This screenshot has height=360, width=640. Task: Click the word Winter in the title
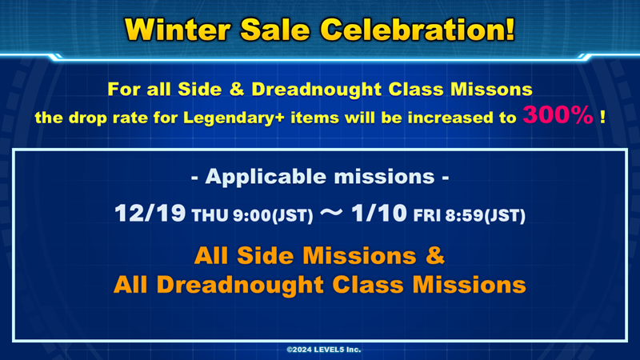click(178, 30)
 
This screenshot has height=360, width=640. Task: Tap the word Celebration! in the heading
click(417, 30)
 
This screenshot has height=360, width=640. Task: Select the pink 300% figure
click(558, 114)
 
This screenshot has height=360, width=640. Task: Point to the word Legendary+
click(234, 118)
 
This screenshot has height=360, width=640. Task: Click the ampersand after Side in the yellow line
click(236, 90)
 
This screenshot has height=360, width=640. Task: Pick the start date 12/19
click(150, 213)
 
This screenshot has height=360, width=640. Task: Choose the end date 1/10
click(378, 213)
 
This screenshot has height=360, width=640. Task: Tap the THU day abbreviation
click(210, 215)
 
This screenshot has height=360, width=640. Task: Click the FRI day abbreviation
click(427, 215)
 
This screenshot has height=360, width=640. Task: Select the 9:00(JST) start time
click(273, 215)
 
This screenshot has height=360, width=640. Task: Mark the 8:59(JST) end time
click(485, 215)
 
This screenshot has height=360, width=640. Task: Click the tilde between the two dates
click(331, 212)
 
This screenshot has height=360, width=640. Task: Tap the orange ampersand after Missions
click(435, 256)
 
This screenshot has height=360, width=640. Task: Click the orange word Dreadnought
click(240, 285)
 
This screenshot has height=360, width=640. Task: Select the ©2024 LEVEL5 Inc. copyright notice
click(324, 350)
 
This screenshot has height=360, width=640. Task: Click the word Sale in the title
click(275, 30)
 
